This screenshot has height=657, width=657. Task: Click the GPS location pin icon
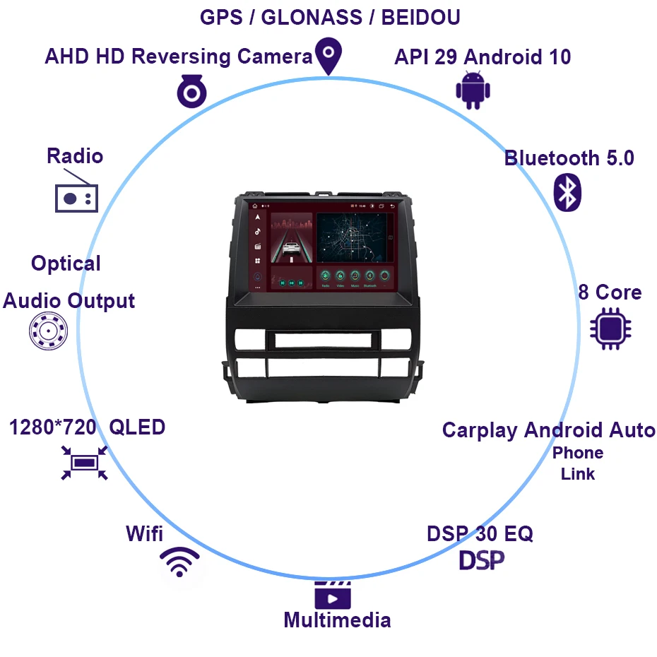[328, 56]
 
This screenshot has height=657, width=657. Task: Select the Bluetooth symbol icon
[567, 191]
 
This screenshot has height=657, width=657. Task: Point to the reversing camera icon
[191, 91]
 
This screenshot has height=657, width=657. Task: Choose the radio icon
[76, 197]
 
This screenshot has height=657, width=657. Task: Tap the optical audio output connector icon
[48, 331]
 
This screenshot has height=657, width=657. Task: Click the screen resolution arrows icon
[84, 463]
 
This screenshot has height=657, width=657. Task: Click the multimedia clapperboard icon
[333, 596]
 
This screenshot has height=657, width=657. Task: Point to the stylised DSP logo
[482, 560]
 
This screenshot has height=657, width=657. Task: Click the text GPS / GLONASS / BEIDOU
[330, 18]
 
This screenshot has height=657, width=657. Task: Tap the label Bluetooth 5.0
[569, 158]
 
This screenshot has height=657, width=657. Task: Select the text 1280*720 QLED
[87, 427]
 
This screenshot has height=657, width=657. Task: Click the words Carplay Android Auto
[548, 430]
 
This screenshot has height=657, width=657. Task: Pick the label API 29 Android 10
[483, 57]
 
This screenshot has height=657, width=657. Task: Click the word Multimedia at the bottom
[337, 620]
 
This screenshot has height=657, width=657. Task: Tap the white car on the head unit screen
[291, 249]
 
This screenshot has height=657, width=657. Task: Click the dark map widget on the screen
[353, 237]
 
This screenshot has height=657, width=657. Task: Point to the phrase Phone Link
[578, 463]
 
